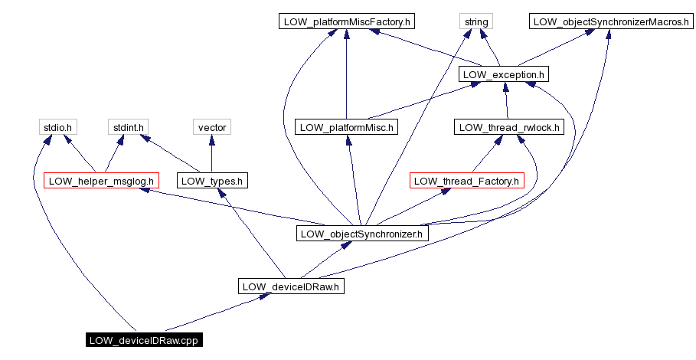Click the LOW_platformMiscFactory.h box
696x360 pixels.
[347, 21]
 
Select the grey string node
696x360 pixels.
[475, 21]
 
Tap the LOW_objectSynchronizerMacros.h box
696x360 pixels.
[609, 21]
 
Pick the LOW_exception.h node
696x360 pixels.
[504, 74]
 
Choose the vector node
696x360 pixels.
[211, 127]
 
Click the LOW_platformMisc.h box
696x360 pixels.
[346, 127]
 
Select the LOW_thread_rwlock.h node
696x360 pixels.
[508, 127]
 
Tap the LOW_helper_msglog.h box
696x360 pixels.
[101, 181]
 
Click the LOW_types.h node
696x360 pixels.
[213, 181]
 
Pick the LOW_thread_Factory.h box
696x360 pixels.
[467, 181]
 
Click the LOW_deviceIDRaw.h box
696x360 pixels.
[291, 286]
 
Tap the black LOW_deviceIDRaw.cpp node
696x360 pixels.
[144, 340]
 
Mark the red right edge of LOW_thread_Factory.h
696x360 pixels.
[524, 181]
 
